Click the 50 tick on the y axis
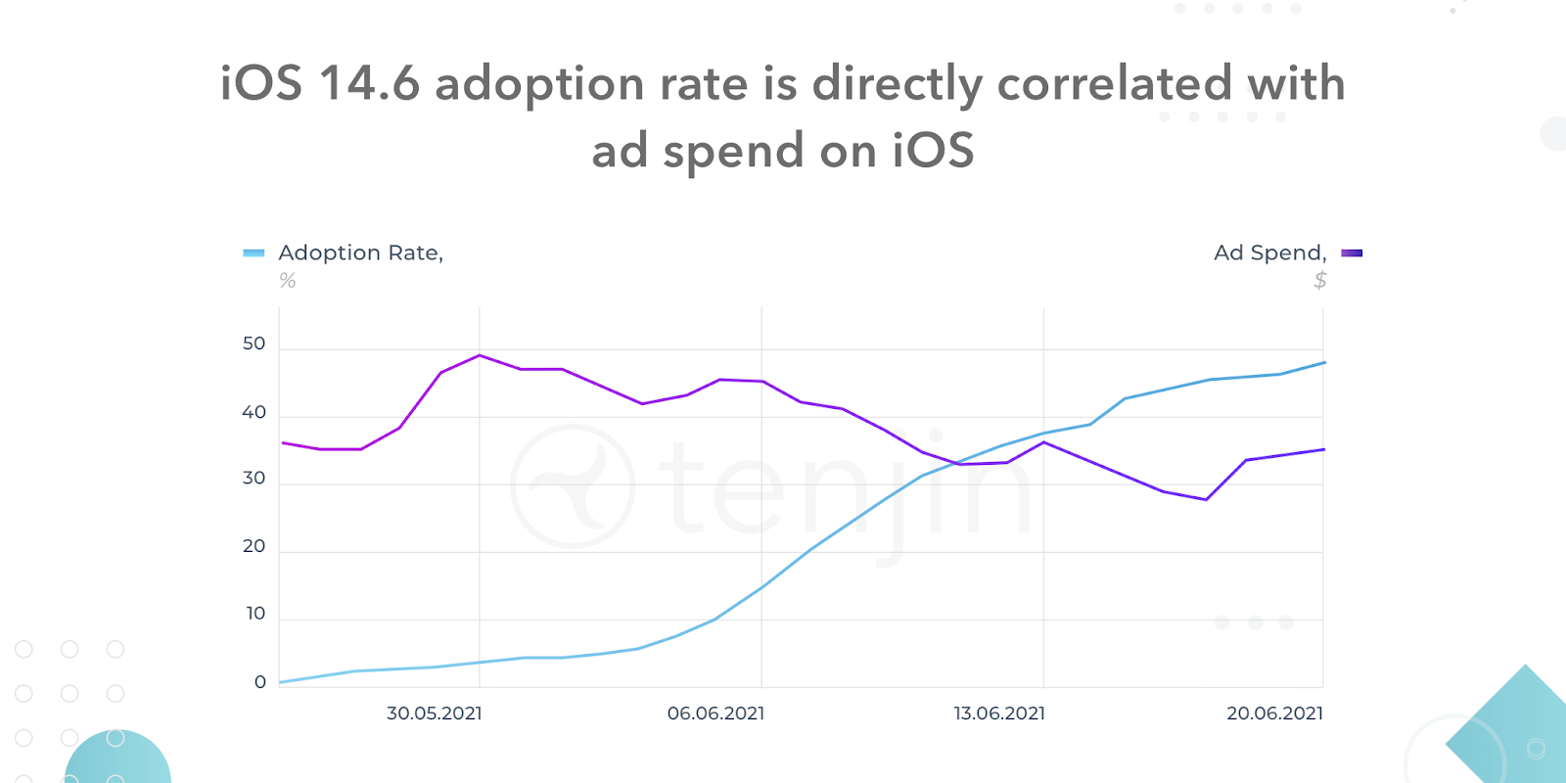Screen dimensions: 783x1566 253,344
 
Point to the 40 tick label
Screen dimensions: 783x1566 253,412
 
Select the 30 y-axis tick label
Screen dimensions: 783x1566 253,479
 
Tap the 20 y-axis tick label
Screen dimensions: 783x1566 253,546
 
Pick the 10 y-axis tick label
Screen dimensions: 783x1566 255,614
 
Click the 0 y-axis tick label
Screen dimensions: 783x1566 259,682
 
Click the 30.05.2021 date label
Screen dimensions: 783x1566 434,714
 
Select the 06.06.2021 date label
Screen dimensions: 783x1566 715,714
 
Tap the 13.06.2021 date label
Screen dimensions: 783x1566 999,714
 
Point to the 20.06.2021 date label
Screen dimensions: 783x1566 1274,714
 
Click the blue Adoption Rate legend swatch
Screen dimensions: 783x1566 253,253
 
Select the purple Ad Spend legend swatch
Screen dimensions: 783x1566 1352,253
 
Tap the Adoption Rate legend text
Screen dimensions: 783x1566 360,253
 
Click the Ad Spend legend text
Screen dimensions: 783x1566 1269,253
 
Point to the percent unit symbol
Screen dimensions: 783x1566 287,281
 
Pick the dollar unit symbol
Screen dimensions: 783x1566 1319,281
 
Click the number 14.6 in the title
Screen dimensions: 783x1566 369,83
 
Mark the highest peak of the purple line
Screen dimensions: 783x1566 479,355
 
